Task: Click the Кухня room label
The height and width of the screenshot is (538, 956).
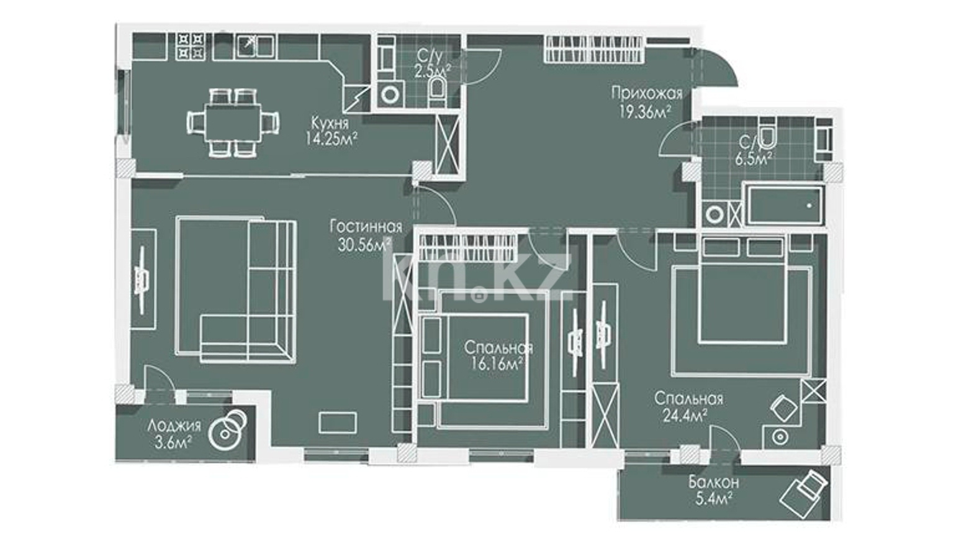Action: (330, 123)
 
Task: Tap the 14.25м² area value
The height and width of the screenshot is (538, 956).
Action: (331, 139)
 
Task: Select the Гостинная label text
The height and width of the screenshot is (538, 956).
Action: (366, 226)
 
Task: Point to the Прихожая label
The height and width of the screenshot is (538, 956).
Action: (647, 93)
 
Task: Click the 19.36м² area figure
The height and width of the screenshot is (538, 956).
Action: (645, 111)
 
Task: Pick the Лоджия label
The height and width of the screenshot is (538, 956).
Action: (174, 426)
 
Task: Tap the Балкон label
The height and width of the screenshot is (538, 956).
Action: (714, 483)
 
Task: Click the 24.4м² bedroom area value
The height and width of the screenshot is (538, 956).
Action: (685, 415)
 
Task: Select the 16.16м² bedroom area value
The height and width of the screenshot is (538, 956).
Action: (497, 364)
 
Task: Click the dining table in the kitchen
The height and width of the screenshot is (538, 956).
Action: (233, 124)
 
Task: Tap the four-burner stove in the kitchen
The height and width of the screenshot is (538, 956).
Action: (190, 47)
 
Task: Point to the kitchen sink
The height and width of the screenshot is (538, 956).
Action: (255, 46)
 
